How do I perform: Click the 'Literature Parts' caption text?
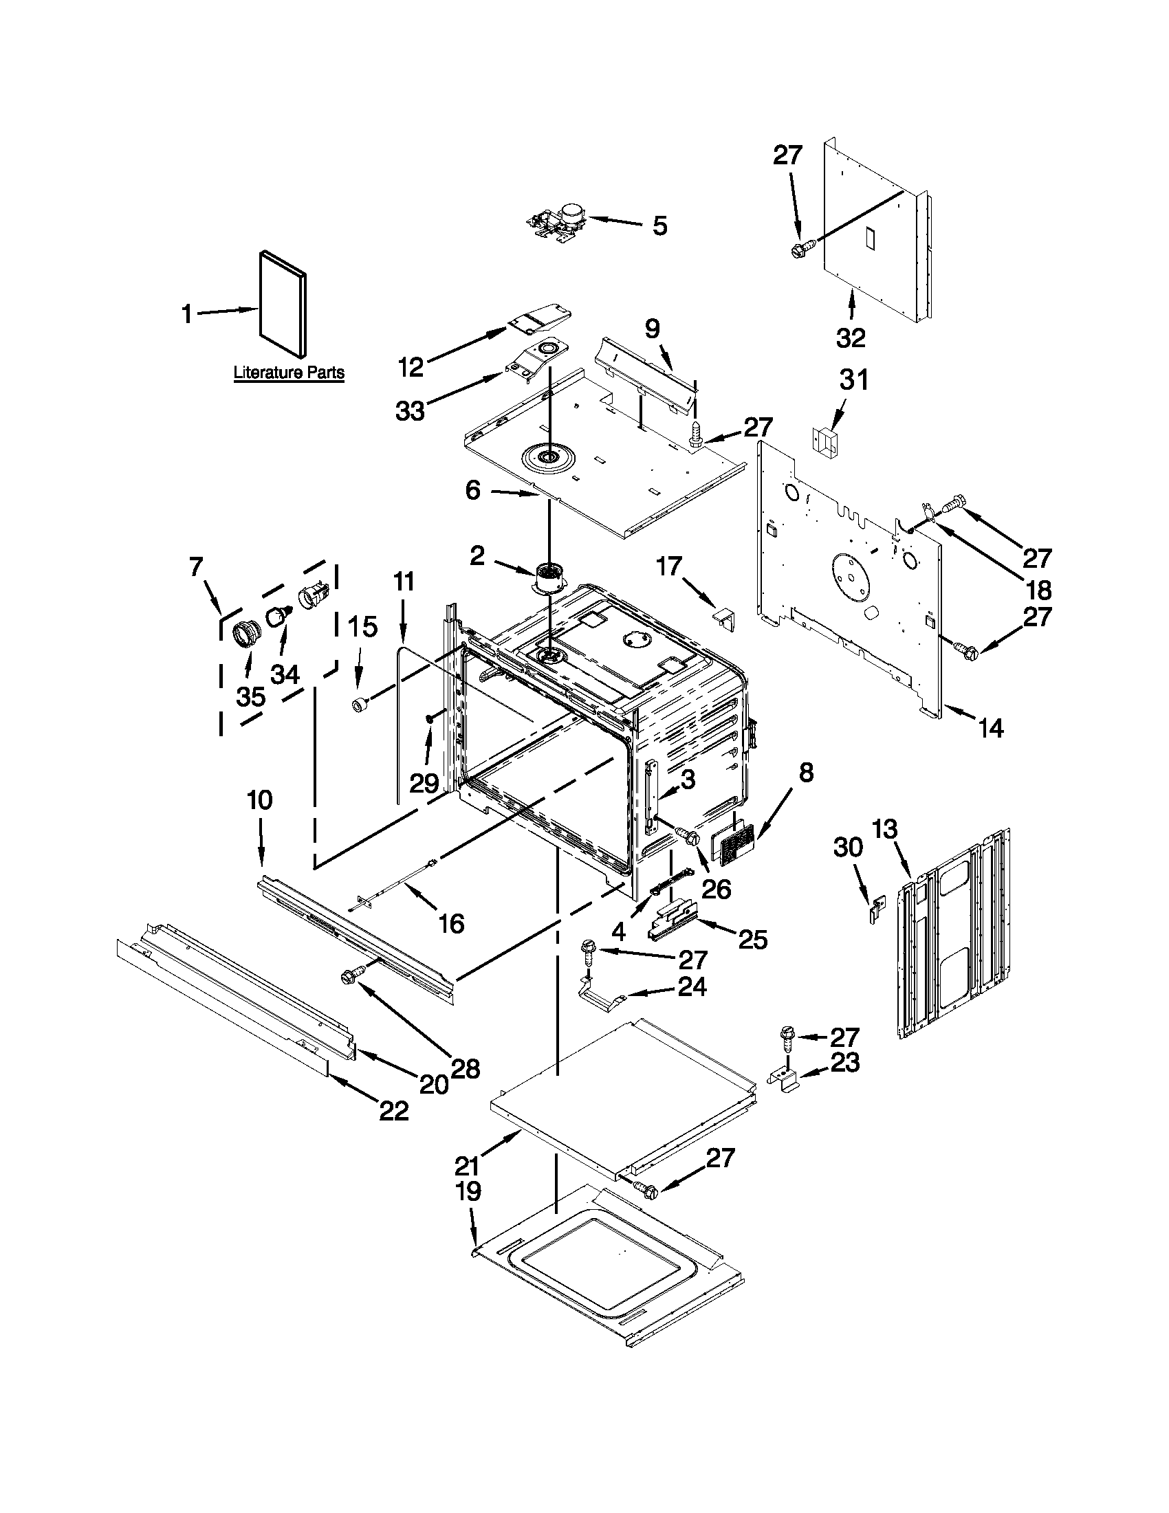click(288, 373)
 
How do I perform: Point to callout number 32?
click(850, 338)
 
